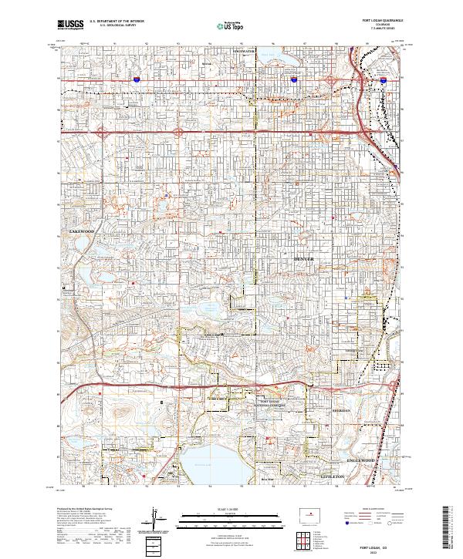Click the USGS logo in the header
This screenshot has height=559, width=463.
(70, 25)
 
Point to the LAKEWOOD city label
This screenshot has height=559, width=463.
(80, 231)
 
